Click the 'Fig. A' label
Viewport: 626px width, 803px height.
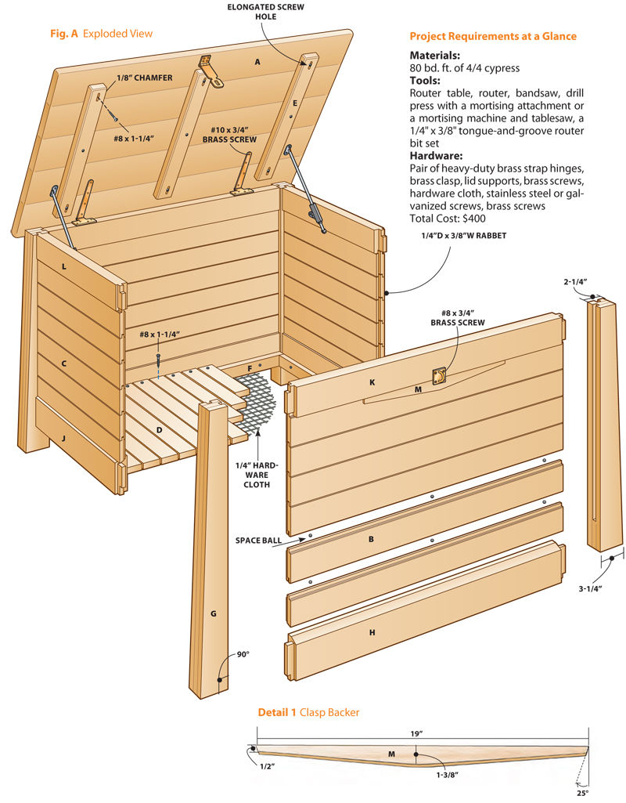(x=65, y=34)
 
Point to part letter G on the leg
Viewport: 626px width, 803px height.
(x=213, y=613)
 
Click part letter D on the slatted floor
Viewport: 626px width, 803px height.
(x=159, y=429)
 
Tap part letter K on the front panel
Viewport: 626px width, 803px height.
(x=372, y=382)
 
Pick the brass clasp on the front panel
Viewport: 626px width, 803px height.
(x=441, y=377)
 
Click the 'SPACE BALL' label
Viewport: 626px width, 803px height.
(x=258, y=541)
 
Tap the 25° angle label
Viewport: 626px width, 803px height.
(x=583, y=793)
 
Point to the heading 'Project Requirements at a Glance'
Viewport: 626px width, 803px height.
(x=493, y=36)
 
